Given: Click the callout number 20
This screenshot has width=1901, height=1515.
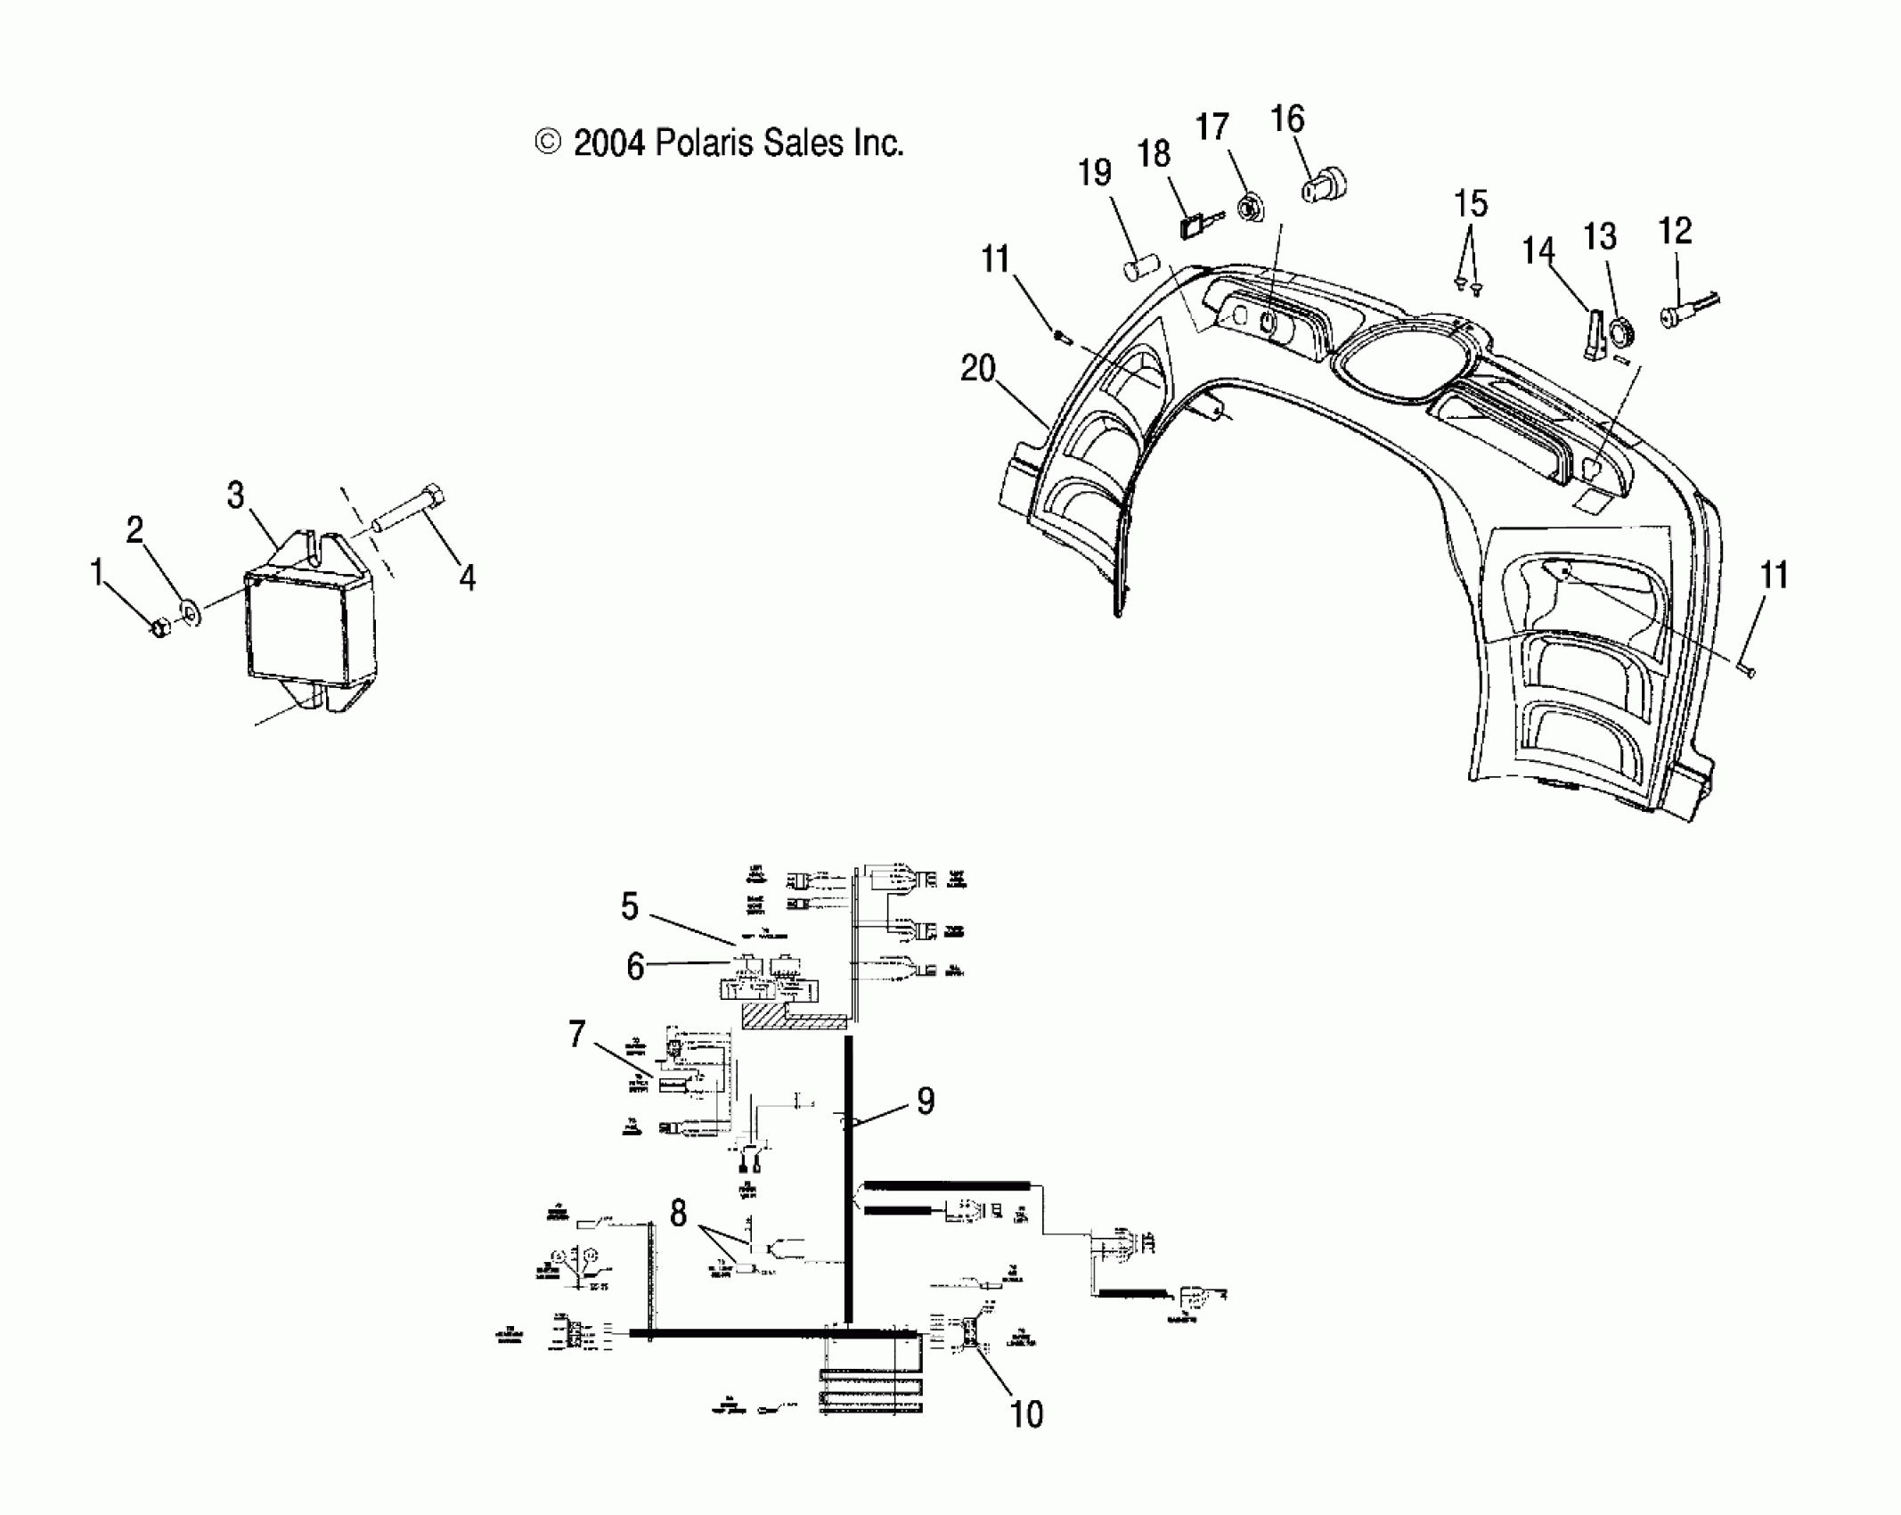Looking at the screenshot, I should [x=977, y=369].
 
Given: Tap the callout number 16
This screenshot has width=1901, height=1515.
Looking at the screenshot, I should [x=1287, y=119].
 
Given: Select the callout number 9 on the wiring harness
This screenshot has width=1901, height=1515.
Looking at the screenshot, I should [x=926, y=1101].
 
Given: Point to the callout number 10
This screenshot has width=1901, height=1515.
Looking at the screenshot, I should [x=1026, y=1413].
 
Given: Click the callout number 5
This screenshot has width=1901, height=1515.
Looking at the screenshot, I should [x=630, y=907].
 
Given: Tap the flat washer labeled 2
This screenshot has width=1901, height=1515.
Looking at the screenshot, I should [x=190, y=612].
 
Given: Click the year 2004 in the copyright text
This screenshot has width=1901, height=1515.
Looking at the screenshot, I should [x=608, y=143].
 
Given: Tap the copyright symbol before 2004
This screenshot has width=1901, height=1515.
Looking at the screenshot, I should [x=548, y=143].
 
